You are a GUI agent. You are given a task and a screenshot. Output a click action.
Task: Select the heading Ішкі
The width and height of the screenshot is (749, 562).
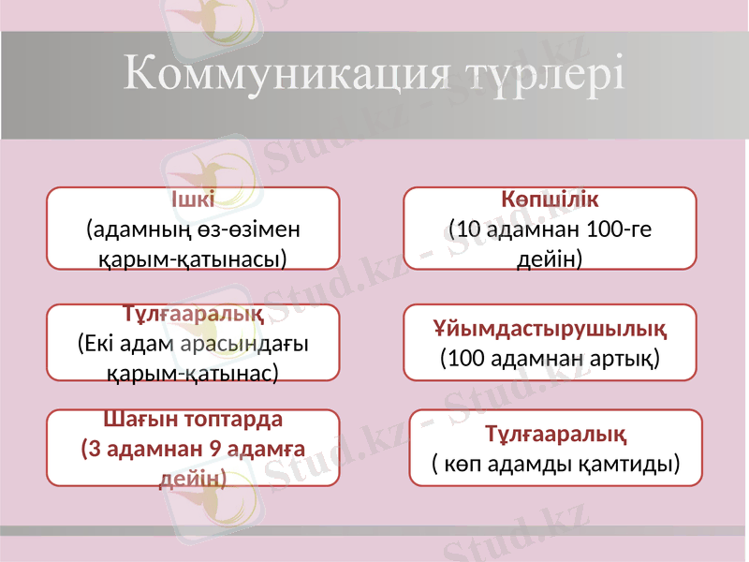click(x=193, y=200)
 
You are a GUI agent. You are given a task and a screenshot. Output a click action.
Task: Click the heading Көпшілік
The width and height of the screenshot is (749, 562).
click(x=550, y=200)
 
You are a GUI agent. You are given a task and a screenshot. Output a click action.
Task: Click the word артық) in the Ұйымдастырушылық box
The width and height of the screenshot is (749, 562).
click(x=624, y=358)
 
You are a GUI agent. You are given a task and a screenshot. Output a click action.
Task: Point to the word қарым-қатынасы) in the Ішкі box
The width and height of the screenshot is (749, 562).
click(x=193, y=258)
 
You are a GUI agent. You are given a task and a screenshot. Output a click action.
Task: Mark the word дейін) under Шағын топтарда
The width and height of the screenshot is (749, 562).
click(x=193, y=478)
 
